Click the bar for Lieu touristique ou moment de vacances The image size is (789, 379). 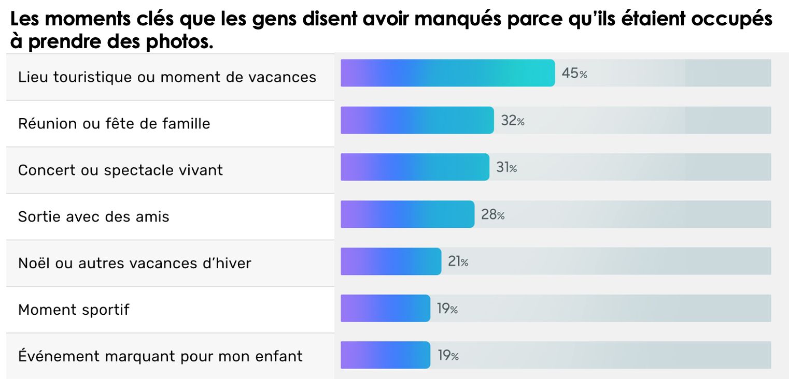(x=447, y=73)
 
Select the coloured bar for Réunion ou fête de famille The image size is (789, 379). (x=417, y=120)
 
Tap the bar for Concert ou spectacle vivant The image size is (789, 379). (x=415, y=167)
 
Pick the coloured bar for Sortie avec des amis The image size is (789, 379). (x=407, y=214)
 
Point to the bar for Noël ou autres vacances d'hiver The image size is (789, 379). (x=391, y=261)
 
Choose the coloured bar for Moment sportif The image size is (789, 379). (x=385, y=309)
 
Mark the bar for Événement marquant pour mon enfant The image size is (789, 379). (x=385, y=355)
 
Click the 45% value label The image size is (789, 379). (x=574, y=74)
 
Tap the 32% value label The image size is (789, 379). (x=513, y=121)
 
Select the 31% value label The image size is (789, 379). (x=506, y=168)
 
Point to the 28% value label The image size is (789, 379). (x=492, y=215)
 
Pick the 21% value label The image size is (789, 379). (x=458, y=262)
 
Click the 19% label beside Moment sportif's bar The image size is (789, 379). (x=447, y=309)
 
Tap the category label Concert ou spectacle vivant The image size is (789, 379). (x=120, y=170)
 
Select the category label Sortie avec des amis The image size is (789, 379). (x=94, y=216)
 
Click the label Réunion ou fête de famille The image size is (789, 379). (x=114, y=124)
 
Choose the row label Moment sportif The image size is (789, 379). (x=74, y=310)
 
